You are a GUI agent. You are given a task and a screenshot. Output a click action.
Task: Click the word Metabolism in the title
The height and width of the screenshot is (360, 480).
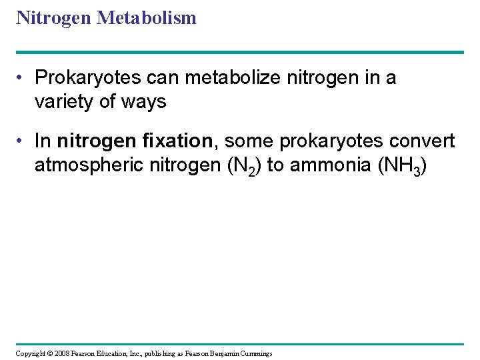(147, 18)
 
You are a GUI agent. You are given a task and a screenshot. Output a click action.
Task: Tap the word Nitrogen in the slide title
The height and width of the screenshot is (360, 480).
(54, 18)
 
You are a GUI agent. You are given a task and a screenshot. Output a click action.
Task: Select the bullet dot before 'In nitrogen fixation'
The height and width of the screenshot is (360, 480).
(23, 141)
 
